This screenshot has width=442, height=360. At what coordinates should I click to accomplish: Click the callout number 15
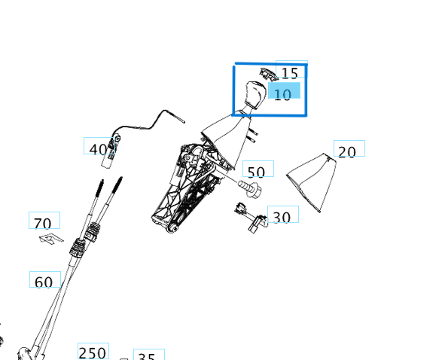(x=290, y=73)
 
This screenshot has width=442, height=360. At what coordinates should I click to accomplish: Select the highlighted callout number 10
(x=283, y=93)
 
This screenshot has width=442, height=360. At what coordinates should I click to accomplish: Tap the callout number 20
(x=347, y=151)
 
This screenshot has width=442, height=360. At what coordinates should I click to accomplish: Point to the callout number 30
(x=282, y=217)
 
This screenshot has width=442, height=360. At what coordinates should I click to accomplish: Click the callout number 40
(x=98, y=148)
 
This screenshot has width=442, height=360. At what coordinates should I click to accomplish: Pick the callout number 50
(x=256, y=172)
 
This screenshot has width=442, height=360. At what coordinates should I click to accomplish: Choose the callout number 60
(x=44, y=282)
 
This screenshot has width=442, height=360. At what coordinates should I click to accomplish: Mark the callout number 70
(x=43, y=223)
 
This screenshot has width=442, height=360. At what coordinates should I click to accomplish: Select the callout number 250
(x=93, y=352)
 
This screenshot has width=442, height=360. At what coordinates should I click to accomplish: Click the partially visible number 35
(x=148, y=357)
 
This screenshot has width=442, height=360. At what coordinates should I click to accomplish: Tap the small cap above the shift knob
(x=267, y=73)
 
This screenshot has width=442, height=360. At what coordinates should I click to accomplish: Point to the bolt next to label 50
(x=250, y=185)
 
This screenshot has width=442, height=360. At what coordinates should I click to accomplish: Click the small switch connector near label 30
(x=252, y=218)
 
